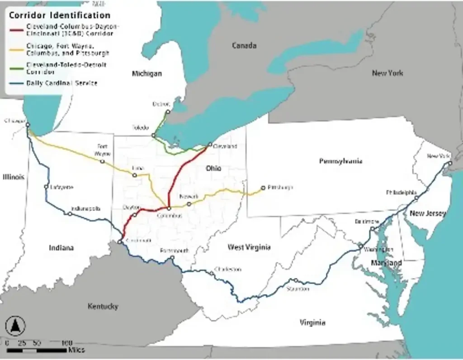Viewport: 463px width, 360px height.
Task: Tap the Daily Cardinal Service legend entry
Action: click(61, 83)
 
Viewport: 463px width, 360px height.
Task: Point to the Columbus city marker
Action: click(169, 209)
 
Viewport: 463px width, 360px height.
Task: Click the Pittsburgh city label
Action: click(280, 187)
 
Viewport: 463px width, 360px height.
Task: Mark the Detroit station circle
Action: click(168, 112)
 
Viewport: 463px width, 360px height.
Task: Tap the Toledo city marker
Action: click(153, 135)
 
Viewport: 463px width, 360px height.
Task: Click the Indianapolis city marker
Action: click(70, 214)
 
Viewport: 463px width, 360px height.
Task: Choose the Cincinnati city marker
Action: click(119, 242)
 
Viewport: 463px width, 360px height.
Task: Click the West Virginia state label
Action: click(249, 247)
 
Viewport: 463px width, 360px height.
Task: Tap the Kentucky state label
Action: click(103, 306)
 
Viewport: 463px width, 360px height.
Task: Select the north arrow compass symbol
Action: click(15, 325)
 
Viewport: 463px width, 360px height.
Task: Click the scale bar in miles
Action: click(36, 350)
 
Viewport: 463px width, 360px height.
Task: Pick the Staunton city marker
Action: click(296, 281)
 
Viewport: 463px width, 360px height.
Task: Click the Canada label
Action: click(244, 45)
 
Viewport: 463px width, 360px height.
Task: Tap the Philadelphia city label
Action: click(401, 192)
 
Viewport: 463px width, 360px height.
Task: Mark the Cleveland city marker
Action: click(209, 145)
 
